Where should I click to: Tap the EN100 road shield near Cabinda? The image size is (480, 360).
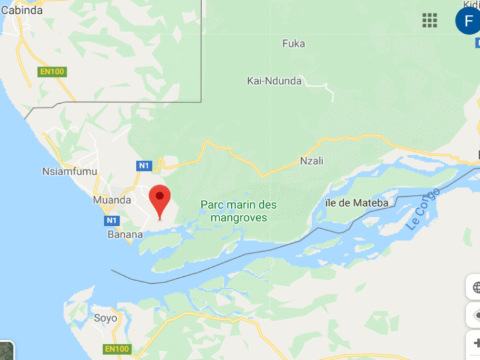52,71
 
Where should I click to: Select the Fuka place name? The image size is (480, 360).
294,43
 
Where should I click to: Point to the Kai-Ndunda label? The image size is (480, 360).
274,81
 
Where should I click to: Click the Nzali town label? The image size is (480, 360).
312,160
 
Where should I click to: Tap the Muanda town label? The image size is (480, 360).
112,200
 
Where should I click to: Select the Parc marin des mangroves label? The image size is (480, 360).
238,211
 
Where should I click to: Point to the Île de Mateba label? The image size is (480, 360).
357,202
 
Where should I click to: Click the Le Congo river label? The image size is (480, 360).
422,209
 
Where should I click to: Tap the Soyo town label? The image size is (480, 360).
106,317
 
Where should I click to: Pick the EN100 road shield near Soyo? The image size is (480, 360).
117,348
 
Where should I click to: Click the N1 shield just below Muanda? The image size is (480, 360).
111,221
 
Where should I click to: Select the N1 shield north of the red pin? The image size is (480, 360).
144,166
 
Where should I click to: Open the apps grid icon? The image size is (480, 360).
429,20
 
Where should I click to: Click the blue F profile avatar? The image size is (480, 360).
468,20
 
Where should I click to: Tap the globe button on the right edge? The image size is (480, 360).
474,287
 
